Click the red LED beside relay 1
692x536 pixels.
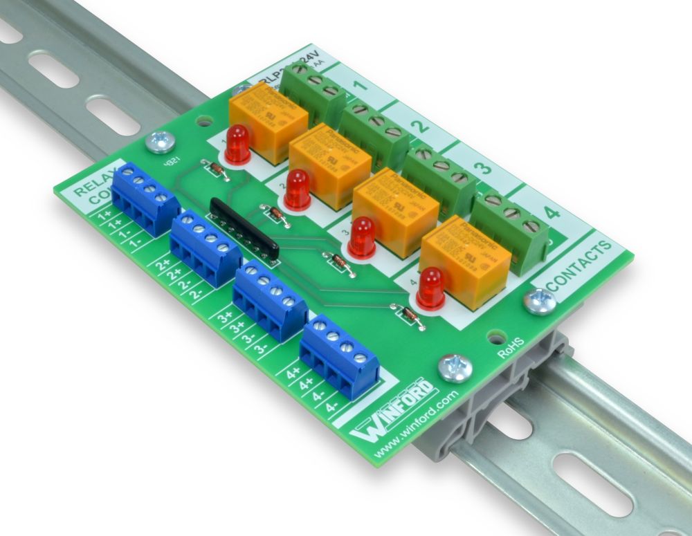[x=237, y=144]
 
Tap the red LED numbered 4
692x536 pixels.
[x=430, y=287]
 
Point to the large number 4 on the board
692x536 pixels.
[x=552, y=212]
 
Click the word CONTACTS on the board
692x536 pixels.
[x=579, y=266]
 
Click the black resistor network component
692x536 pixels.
[x=244, y=228]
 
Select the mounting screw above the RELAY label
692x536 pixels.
[x=161, y=142]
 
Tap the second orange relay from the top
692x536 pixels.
[x=330, y=165]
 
